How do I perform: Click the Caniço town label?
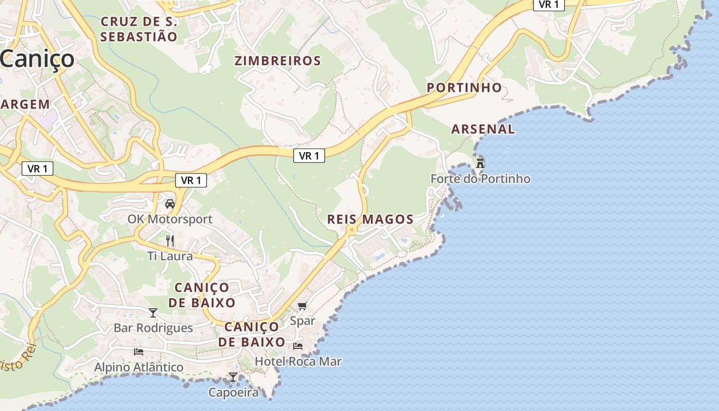tap(37, 59)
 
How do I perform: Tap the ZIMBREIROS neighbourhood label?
tap(278, 61)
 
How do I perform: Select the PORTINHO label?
tap(464, 87)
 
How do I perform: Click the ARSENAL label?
tap(483, 129)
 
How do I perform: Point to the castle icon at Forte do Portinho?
tap(480, 163)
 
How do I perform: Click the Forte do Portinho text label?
tap(480, 179)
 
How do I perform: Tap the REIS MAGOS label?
tap(370, 219)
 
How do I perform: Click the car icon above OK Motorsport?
tap(170, 204)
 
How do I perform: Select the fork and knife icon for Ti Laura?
tap(170, 240)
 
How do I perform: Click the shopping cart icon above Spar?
tap(302, 306)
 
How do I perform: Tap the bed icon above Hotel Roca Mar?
tap(298, 346)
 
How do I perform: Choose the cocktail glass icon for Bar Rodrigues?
tap(153, 312)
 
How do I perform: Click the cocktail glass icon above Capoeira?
tap(233, 377)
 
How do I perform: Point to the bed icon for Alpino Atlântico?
tap(139, 352)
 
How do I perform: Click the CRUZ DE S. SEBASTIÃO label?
tap(139, 29)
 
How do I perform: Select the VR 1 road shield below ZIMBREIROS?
tap(309, 156)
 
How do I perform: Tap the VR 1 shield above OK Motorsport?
tap(191, 180)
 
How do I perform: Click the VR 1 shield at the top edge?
tap(549, 5)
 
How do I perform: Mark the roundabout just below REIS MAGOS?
tap(351, 231)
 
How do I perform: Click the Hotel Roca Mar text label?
tap(298, 361)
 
